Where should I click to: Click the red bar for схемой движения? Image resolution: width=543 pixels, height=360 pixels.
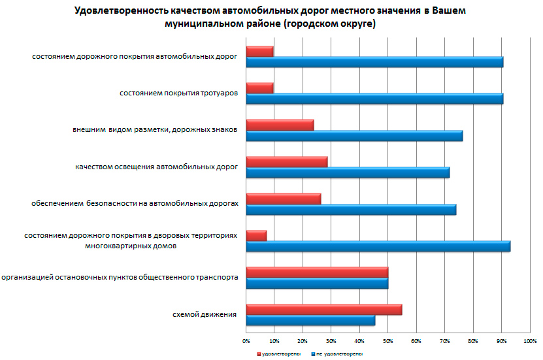323,310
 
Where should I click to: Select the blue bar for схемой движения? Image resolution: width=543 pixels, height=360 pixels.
310,321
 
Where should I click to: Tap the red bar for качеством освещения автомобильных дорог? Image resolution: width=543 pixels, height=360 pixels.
286,161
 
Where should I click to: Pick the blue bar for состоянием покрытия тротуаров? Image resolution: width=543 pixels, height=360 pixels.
374,99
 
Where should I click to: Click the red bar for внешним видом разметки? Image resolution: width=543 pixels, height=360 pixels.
280,125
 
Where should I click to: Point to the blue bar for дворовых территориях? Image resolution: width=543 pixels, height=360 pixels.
378,246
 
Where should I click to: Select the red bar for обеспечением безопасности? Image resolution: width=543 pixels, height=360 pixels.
283,199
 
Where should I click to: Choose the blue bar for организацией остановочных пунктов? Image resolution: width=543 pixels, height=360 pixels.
317,284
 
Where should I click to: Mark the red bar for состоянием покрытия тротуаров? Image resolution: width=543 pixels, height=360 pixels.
259,88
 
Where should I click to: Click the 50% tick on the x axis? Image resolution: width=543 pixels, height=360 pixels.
388,340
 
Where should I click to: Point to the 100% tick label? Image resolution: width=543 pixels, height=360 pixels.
530,340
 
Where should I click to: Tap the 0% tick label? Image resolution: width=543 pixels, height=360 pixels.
246,340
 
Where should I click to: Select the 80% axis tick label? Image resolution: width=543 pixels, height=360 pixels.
473,340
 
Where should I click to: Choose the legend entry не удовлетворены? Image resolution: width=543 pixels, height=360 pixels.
339,353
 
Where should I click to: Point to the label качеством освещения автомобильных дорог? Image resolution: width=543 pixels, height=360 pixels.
156,167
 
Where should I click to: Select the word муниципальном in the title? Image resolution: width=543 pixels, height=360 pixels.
202,24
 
